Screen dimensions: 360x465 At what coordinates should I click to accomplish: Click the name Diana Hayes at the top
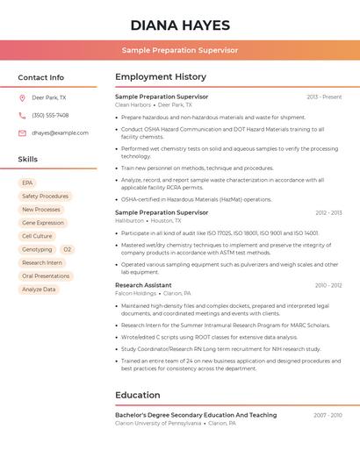(x=180, y=25)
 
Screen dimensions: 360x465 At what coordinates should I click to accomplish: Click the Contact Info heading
(x=41, y=77)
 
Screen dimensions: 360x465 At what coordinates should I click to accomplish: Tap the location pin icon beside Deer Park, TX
(x=22, y=98)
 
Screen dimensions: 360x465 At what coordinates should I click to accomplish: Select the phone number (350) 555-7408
(x=50, y=116)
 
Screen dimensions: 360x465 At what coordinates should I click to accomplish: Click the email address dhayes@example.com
(x=60, y=133)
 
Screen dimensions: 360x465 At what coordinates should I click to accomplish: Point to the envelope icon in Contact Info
(x=22, y=133)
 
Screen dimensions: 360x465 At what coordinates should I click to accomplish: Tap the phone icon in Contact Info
(x=22, y=116)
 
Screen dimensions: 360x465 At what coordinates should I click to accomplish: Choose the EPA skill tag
(x=28, y=183)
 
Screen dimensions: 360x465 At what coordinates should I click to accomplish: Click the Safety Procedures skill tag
(x=45, y=197)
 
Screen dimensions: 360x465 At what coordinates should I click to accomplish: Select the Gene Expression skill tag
(x=43, y=223)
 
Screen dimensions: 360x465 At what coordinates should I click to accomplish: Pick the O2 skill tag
(x=67, y=249)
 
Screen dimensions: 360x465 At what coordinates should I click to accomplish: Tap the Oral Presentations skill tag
(x=46, y=276)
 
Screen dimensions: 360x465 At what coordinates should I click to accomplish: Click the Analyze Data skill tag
(x=39, y=290)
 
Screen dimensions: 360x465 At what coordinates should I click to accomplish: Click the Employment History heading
(x=161, y=77)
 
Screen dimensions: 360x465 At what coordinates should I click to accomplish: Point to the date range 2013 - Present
(x=324, y=97)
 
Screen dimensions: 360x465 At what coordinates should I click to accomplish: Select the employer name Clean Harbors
(x=133, y=105)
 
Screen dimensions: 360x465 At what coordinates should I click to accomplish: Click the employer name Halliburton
(x=129, y=221)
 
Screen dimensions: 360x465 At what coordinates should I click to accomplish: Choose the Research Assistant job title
(x=143, y=285)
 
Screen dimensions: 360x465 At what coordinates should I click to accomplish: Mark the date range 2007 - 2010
(x=327, y=415)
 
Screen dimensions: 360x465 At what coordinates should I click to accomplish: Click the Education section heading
(x=138, y=395)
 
